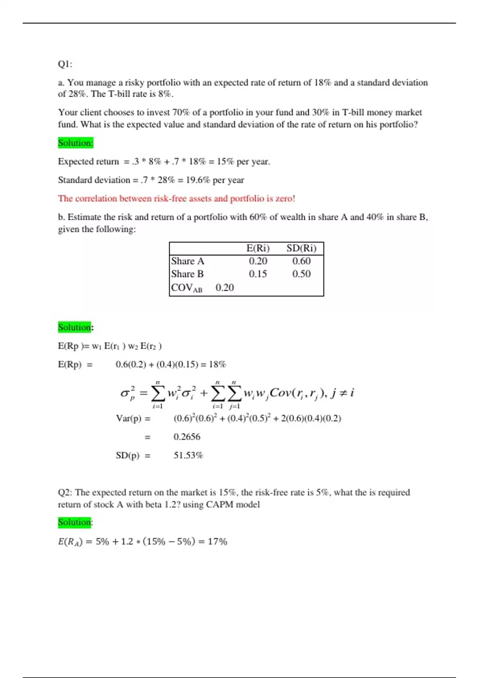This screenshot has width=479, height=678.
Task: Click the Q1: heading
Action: [x=65, y=64]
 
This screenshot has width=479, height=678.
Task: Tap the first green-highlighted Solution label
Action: [x=75, y=143]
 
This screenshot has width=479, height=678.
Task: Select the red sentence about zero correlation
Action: [x=176, y=199]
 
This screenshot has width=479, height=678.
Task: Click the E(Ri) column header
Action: [x=258, y=248]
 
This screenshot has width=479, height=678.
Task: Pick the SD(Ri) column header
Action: [x=301, y=248]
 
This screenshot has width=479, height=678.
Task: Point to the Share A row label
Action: [x=188, y=261]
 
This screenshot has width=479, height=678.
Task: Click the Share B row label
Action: [x=187, y=274]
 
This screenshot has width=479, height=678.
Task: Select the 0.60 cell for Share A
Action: [x=301, y=261]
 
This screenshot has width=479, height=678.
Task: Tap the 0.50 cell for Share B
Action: [x=301, y=274]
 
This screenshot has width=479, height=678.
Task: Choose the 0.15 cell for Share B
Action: [x=258, y=274]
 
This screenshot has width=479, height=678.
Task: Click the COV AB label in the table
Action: [x=186, y=288]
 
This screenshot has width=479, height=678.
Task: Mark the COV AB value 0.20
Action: [x=225, y=288]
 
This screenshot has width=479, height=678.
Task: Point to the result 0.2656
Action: [x=187, y=437]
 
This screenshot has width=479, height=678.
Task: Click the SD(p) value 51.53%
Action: [x=188, y=455]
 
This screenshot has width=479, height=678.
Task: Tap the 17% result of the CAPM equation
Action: [x=217, y=542]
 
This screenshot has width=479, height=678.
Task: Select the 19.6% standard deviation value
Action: [x=198, y=180]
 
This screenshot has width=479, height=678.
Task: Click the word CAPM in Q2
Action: [x=218, y=505]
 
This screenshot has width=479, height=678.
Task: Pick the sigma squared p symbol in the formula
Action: [x=128, y=393]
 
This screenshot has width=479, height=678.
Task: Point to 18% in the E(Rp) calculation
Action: [x=217, y=365]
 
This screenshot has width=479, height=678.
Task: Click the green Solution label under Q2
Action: [x=74, y=522]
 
